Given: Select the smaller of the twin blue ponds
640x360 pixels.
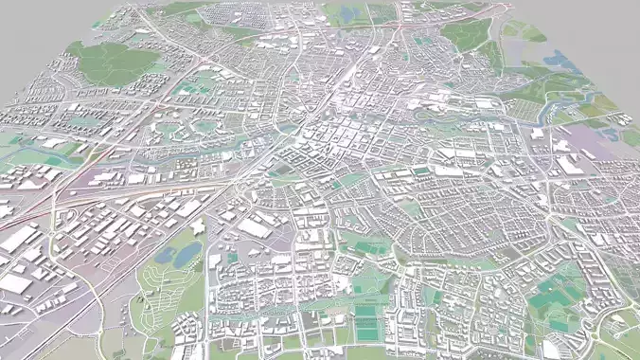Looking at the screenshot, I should [x=163, y=256].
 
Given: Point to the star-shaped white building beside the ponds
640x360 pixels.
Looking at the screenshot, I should [x=198, y=227].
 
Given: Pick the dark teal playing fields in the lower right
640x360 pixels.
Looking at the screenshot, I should [x=549, y=300].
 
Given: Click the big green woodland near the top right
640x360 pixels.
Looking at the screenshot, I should [x=466, y=34].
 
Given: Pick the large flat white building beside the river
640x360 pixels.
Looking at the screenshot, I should [x=569, y=163].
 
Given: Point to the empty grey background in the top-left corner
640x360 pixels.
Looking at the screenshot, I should [x=28, y=19].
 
